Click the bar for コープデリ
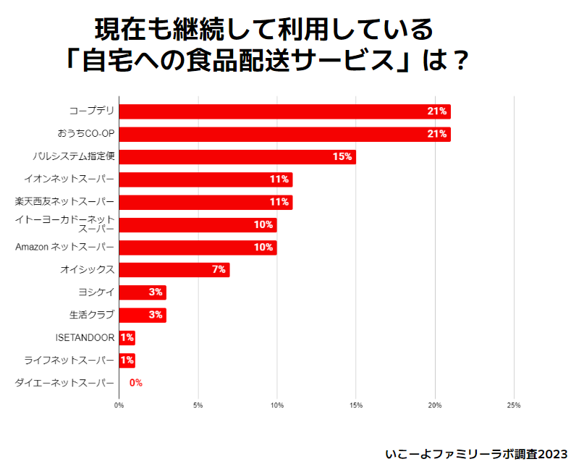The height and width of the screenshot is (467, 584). pyautogui.click(x=284, y=112)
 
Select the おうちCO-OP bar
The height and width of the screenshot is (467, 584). pyautogui.click(x=284, y=134)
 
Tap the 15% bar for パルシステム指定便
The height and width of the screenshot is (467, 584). pyautogui.click(x=237, y=157)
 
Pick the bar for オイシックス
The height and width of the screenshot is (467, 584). pyautogui.click(x=174, y=270)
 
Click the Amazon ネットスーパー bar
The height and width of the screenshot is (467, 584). pyautogui.click(x=198, y=248)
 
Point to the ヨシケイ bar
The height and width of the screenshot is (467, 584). pyautogui.click(x=142, y=293)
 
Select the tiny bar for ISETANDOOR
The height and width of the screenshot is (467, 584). pyautogui.click(x=127, y=337)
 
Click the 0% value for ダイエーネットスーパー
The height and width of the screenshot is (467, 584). pyautogui.click(x=135, y=383)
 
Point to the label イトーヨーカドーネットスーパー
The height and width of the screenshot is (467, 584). pyautogui.click(x=66, y=224)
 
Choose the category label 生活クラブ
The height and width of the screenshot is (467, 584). pyautogui.click(x=91, y=315)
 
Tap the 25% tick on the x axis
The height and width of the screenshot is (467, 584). pyautogui.click(x=513, y=405)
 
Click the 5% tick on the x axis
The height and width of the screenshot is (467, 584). pyautogui.click(x=198, y=405)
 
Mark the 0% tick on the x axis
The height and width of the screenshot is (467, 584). pyautogui.click(x=119, y=405)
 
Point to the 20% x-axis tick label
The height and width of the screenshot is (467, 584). pyautogui.click(x=434, y=405)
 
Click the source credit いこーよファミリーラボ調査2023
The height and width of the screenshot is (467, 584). pyautogui.click(x=476, y=454)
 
